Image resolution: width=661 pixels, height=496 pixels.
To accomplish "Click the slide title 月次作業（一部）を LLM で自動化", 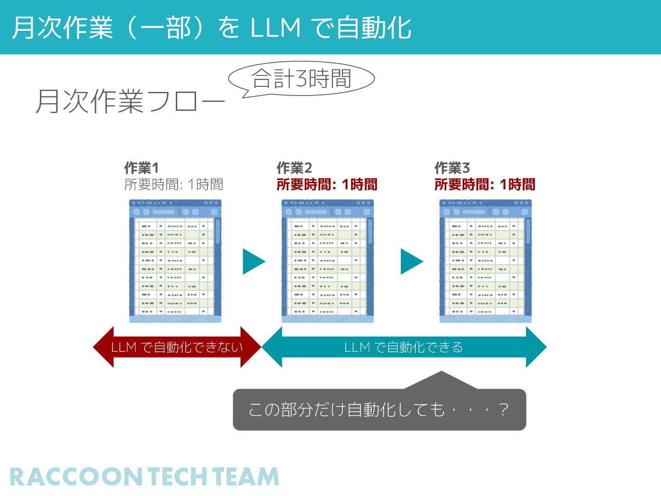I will coord(211,28).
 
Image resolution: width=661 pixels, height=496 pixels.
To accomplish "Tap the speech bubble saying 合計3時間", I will coord(302,79).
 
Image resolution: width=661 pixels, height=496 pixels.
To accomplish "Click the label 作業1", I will coord(141,168).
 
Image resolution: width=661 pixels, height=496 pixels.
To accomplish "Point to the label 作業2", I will coord(294,168).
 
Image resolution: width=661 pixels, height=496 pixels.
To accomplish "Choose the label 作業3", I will coord(452,168).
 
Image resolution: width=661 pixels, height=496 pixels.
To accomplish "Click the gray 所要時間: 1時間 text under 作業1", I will coord(174,185).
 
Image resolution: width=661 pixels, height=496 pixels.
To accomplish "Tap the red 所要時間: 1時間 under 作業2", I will coord(327,185).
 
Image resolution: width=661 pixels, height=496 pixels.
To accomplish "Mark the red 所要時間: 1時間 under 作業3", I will coord(485,185).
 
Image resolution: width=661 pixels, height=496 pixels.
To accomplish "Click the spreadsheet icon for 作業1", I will coord(175,261).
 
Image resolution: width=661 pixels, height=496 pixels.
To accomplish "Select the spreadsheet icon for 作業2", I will coord(328,261).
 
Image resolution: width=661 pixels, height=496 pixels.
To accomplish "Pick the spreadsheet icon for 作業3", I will coord(486,261).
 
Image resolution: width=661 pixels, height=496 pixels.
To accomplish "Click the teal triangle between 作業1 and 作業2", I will coord(252,262).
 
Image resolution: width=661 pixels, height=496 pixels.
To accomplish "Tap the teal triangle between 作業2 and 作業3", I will coord(410,262).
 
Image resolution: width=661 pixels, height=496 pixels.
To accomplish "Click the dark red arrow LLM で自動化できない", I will coord(177,347).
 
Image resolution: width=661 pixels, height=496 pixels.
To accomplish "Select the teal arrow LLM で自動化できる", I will coord(403,347).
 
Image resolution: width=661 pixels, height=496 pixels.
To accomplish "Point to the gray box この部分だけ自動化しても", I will coord(379,409).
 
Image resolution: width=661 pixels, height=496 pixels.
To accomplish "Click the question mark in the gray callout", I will coord(504,409).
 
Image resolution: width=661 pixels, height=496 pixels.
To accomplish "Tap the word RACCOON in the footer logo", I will coord(76,477).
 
